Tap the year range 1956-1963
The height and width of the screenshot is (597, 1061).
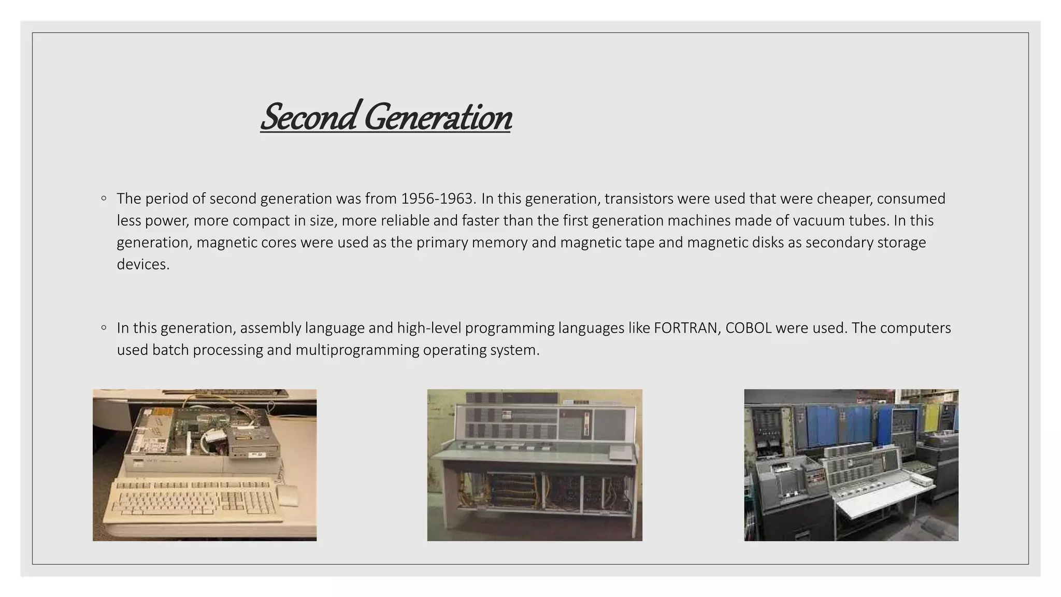438,198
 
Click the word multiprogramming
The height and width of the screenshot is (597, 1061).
357,350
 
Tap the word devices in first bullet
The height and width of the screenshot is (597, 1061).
142,264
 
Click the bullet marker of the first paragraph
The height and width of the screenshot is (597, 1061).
104,198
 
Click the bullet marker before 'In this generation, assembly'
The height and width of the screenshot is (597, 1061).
104,328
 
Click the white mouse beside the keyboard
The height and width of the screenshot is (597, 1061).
288,495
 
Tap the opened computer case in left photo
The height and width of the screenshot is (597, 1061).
205,435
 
